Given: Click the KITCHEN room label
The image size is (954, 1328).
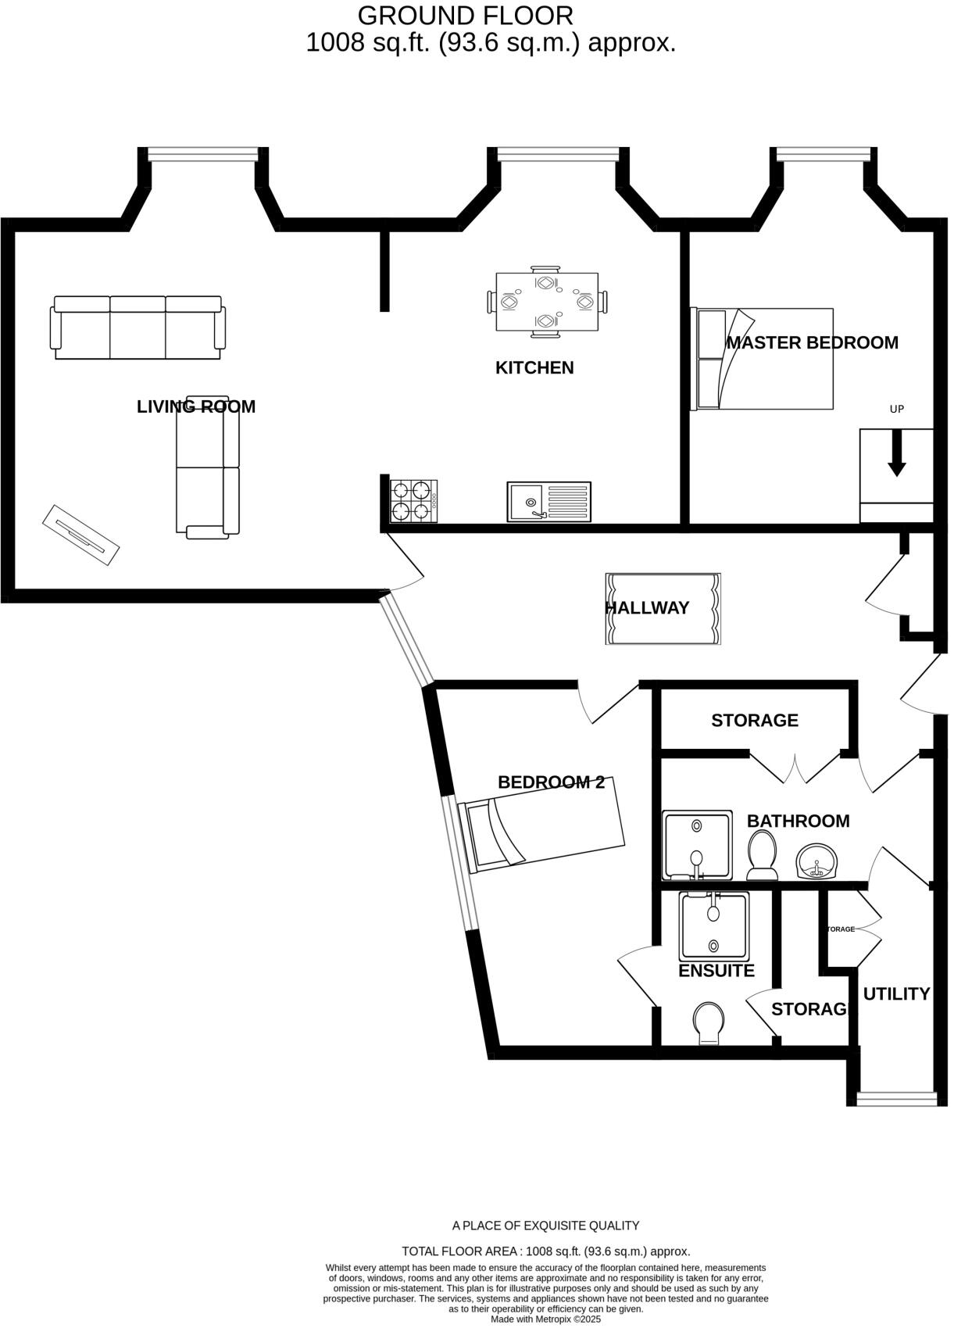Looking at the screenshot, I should [534, 367].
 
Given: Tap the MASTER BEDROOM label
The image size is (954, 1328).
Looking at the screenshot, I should [812, 342].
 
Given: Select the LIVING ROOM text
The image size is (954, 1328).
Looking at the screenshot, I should [196, 406].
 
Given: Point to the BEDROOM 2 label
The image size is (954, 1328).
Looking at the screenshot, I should [551, 782].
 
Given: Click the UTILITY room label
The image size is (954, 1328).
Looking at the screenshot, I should [896, 993].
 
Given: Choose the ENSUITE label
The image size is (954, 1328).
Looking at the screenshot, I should [716, 971].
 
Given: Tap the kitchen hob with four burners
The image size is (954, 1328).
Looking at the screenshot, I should [413, 501].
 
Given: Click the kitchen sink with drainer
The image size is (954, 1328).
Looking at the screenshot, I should [548, 501].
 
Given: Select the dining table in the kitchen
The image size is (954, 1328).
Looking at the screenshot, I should [547, 302].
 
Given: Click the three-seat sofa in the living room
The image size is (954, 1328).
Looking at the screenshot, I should [138, 328].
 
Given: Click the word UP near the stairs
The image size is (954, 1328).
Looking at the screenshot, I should [897, 409].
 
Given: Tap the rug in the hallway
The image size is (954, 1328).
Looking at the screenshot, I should [663, 608].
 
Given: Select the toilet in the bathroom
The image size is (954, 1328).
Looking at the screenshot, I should [762, 854].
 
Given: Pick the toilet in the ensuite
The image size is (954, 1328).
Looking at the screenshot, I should [709, 1023].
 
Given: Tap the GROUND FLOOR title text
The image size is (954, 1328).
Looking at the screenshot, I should [465, 15].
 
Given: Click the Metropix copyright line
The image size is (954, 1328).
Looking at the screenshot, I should [545, 1319].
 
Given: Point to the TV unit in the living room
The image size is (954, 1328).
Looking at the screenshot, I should [80, 535].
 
